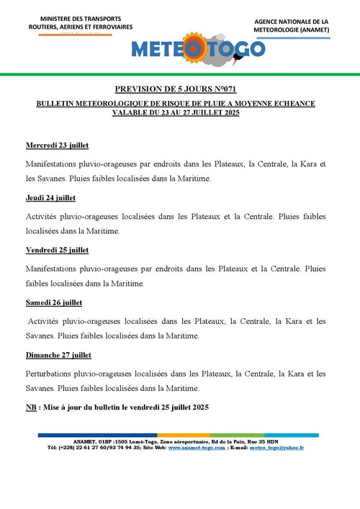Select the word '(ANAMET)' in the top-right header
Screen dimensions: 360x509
click(x=311, y=30)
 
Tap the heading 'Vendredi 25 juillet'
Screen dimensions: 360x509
click(x=57, y=250)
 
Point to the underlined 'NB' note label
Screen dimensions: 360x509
click(x=30, y=407)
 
